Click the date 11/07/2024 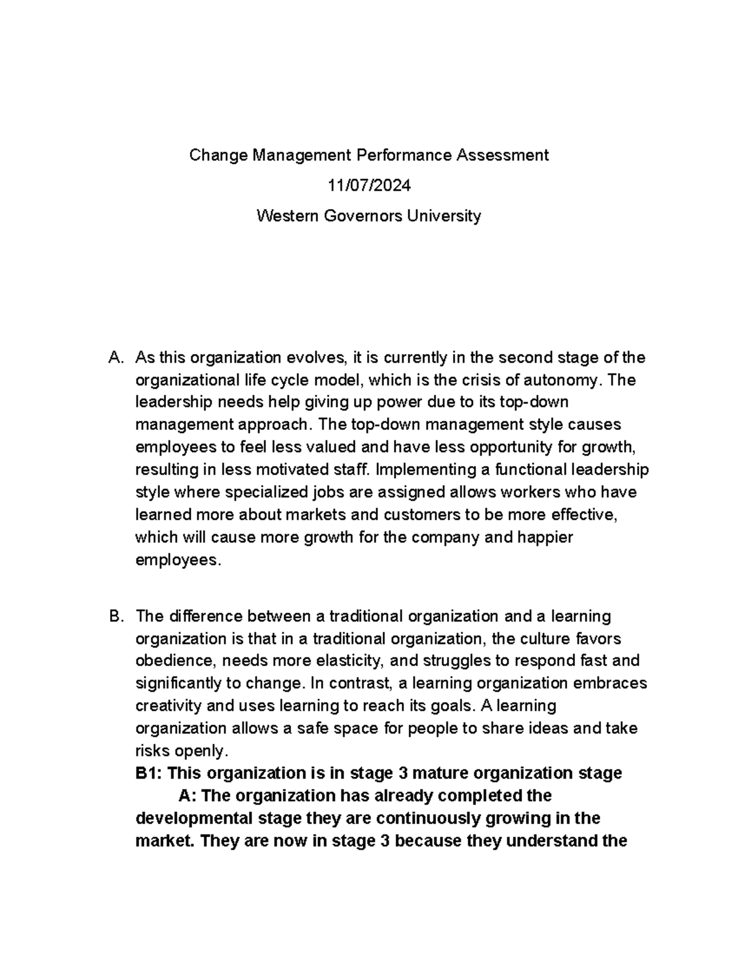click(x=368, y=185)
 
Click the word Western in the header click(x=285, y=216)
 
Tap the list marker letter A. click(x=113, y=358)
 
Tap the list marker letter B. click(x=113, y=616)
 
